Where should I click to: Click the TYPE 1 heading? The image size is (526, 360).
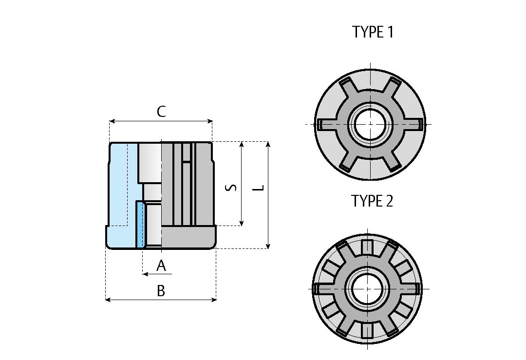[x=372, y=33]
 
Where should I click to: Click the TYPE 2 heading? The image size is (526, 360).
[x=372, y=201]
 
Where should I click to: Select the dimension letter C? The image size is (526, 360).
[x=161, y=112]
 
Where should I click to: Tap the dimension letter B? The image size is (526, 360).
[x=161, y=291]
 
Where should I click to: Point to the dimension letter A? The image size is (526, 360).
[x=161, y=266]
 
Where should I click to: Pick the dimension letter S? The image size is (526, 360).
[x=233, y=187]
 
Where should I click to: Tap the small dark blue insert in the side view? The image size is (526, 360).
[x=140, y=225]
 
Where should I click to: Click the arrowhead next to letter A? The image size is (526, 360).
[x=145, y=274]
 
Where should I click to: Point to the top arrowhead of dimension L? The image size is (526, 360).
[x=268, y=144]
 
